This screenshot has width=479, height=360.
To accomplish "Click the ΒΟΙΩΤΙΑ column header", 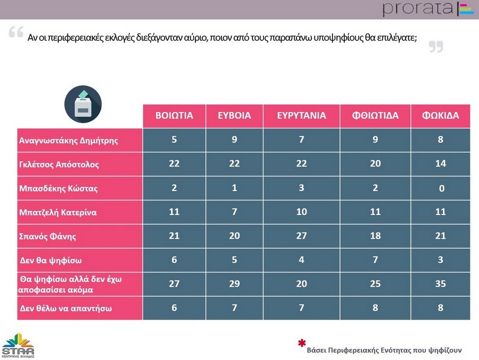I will click(174, 116).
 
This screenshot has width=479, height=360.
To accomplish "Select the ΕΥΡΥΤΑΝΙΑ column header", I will click(301, 116).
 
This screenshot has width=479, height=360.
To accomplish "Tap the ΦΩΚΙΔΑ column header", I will click(440, 116).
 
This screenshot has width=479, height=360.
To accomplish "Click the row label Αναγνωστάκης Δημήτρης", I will click(68, 140).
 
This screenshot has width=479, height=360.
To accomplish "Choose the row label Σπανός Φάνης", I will click(47, 236).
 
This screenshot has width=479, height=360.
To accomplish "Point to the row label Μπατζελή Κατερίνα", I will click(58, 212).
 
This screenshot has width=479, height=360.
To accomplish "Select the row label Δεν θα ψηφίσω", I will click(50, 260).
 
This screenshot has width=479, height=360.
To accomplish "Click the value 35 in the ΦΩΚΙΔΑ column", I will click(440, 284).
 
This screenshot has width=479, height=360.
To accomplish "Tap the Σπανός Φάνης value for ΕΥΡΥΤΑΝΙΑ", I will click(301, 236).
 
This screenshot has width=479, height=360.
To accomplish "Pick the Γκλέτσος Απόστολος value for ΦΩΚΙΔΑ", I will click(440, 164).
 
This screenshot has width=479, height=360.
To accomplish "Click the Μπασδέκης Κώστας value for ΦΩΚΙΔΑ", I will click(440, 188).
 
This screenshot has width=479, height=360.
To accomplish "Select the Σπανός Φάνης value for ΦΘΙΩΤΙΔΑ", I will click(375, 236).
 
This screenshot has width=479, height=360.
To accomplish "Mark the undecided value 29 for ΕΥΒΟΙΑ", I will click(234, 284).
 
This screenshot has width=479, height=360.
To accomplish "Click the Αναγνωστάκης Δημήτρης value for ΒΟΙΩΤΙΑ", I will click(174, 140).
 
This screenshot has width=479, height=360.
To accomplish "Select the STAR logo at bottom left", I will click(17, 345).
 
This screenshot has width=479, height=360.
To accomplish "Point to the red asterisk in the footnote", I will click(301, 343).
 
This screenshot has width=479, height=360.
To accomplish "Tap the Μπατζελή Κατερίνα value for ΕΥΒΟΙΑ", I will click(234, 212).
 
